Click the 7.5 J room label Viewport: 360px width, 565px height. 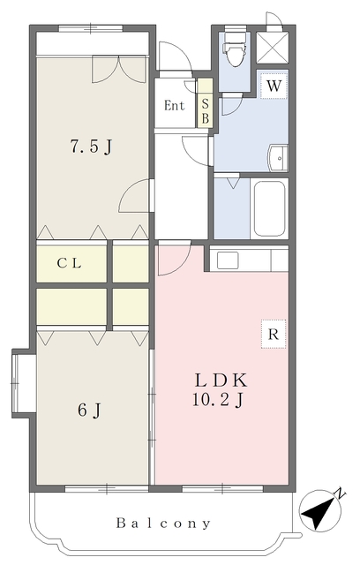(91, 147)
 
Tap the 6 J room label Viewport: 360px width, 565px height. (89, 410)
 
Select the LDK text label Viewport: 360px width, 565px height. (221, 380)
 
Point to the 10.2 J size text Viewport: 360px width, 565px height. (218, 400)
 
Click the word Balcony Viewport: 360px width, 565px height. (163, 524)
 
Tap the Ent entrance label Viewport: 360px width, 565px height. (174, 106)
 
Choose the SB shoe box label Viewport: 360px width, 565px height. (206, 110)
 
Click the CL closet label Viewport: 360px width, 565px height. (69, 263)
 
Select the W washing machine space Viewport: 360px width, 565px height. (274, 86)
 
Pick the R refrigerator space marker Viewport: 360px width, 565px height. (274, 334)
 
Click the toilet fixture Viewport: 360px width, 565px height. (235, 49)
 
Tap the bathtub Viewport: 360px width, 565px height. (270, 208)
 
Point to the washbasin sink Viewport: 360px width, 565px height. (278, 158)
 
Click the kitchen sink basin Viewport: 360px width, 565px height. (228, 260)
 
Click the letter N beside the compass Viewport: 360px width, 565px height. (341, 494)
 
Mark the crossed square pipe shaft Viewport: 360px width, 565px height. (273, 48)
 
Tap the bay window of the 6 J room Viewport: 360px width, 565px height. (24, 383)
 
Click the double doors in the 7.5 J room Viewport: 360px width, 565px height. (119, 69)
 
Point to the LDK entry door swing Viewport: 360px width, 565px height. (174, 258)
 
